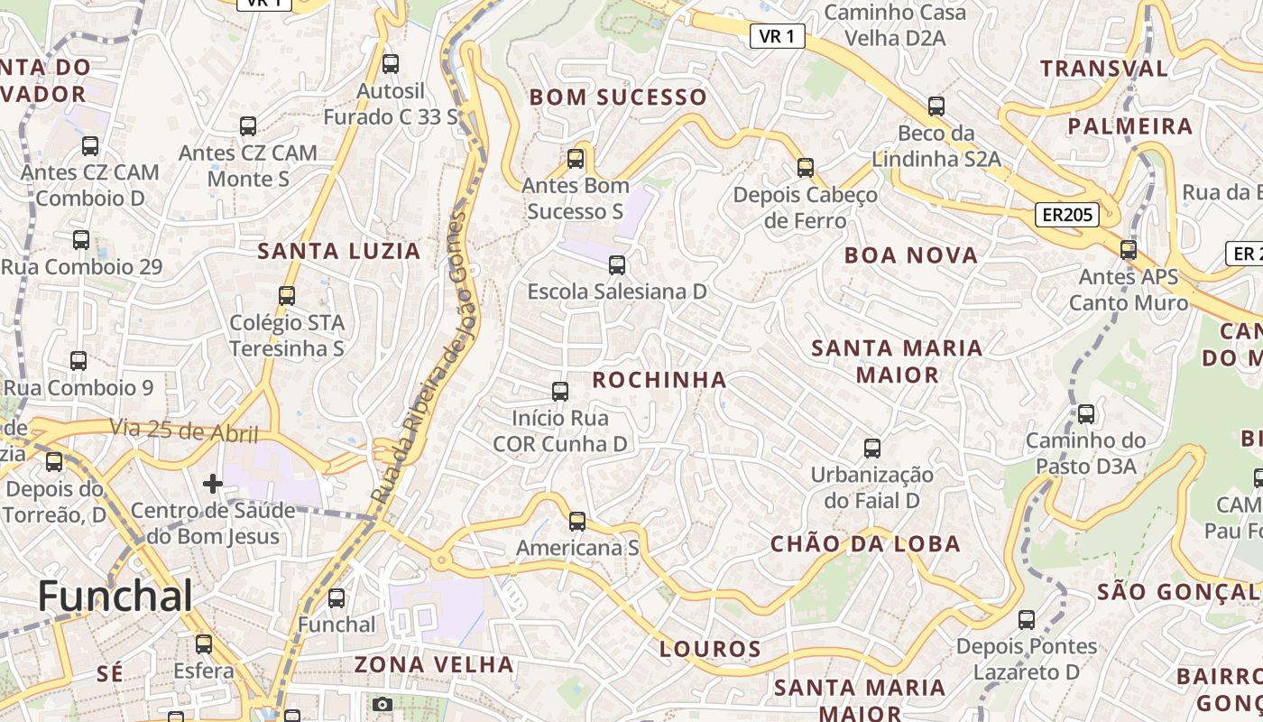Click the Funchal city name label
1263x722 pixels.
[115, 597]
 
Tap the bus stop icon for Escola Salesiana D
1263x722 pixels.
[617, 265]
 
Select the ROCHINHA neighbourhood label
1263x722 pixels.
[659, 380]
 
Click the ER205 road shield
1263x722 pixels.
[1066, 215]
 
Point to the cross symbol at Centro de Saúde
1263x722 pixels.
[213, 484]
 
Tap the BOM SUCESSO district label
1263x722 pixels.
[618, 97]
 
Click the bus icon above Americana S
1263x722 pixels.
[577, 522]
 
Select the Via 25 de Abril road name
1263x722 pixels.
[184, 431]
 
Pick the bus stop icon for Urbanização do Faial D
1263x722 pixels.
[872, 449]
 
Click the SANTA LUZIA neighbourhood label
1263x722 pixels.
[339, 252]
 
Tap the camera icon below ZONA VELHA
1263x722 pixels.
[383, 704]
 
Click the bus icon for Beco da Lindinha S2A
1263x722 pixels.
[936, 106]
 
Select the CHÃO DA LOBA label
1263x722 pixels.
[865, 544]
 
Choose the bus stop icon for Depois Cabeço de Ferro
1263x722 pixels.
[806, 168]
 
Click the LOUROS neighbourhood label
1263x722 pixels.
[711, 649]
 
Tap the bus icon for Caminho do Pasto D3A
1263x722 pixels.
[1086, 414]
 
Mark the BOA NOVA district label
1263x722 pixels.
[911, 255]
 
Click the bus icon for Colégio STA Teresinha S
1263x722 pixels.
[287, 295]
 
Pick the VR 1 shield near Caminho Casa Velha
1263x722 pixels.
[777, 36]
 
